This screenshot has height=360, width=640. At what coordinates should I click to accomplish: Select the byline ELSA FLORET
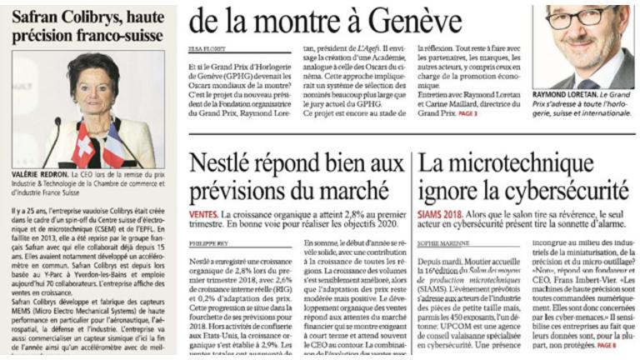pos(205,49)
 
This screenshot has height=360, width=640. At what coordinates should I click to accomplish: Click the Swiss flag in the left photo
pos(84,147)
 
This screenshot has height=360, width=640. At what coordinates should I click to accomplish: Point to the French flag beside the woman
pos(112,147)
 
